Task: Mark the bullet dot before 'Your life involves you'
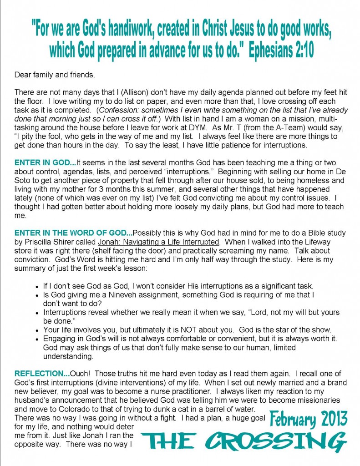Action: pyautogui.click(x=36, y=330)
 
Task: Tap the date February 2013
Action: pyautogui.click(x=309, y=418)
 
